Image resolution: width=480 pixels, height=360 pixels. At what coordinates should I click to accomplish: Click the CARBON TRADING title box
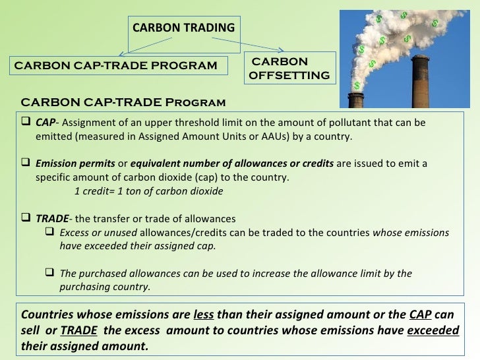(x=183, y=28)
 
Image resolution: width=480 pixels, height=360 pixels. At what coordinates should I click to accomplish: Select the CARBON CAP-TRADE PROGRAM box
(x=115, y=65)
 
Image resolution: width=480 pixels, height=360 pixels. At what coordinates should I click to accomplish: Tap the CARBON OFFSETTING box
(x=289, y=69)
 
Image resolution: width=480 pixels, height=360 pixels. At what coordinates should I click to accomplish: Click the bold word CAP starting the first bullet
(x=45, y=123)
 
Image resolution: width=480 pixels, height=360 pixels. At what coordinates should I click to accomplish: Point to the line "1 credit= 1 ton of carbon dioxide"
(x=148, y=191)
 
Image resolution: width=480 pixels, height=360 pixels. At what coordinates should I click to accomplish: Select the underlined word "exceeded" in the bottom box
(x=433, y=330)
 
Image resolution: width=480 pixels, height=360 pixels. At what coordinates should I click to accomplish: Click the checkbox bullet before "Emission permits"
(x=27, y=164)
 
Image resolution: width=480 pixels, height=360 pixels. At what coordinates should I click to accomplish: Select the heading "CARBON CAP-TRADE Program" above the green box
(x=123, y=103)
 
